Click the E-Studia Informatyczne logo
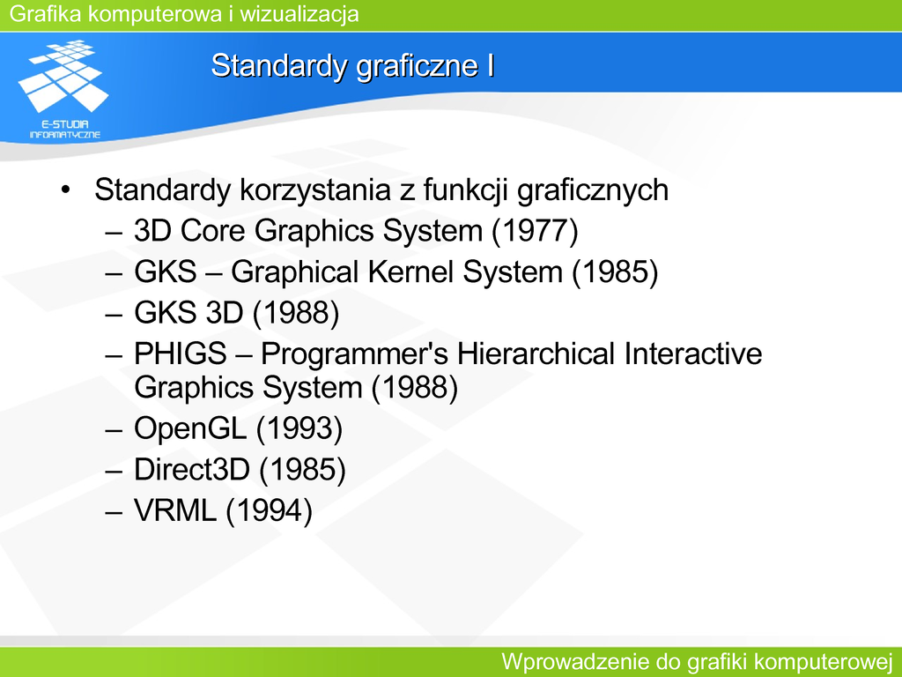pos(63,89)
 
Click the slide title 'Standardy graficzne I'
pos(352,65)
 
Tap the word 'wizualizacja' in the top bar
pos(299,14)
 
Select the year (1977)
pos(535,231)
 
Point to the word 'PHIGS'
pos(181,353)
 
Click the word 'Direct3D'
pos(191,469)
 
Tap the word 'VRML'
pos(175,510)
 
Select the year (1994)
pos(270,510)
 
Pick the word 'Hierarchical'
pos(536,353)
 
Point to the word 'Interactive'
pos(693,353)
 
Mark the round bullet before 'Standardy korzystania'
pos(65,190)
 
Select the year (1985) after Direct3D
pos(303,470)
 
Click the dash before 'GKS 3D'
pos(114,315)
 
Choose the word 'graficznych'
pos(593,190)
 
